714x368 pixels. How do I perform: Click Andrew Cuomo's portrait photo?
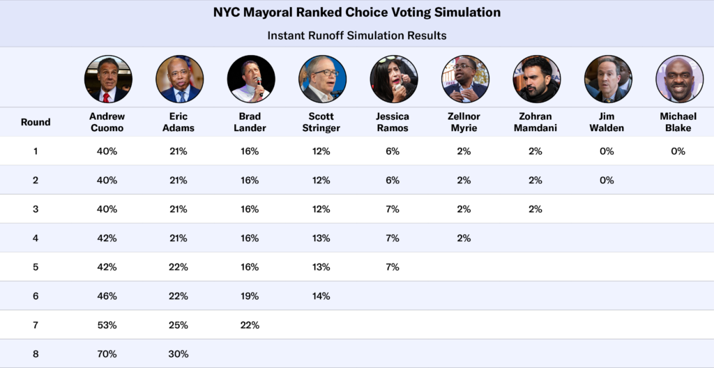pos(107,79)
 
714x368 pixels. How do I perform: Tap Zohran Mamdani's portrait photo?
pos(537,79)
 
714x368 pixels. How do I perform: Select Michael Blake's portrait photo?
pos(679,79)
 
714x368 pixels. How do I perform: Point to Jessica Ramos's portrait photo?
pos(394,79)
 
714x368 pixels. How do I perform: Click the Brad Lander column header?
pos(250,122)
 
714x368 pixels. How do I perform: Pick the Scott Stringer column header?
pos(321,122)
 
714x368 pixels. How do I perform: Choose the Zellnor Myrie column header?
pos(464,122)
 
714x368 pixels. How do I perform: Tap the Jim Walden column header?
pos(607,122)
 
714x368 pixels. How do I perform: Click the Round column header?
pos(36,122)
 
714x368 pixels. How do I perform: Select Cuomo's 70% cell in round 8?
pos(107,353)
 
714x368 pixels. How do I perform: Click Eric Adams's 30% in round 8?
pos(178,353)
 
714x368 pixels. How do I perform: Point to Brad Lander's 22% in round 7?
pos(250,325)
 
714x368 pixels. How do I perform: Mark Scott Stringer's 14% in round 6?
pos(321,296)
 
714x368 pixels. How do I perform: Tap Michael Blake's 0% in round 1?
pos(678,151)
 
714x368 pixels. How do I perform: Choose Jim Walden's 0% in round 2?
pos(607,180)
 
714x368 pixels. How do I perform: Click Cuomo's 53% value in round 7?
pos(107,325)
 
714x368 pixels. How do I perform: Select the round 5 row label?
pos(36,267)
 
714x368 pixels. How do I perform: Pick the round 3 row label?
pos(36,209)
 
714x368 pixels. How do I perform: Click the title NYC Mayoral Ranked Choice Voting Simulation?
pos(357,13)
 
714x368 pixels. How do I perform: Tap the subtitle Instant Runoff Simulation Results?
pos(357,35)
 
